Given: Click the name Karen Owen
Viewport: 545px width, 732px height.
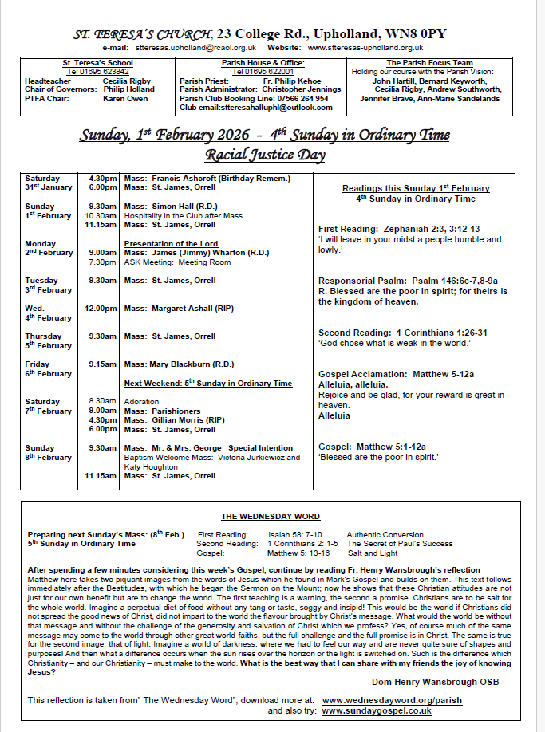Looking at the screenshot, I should point(125,99).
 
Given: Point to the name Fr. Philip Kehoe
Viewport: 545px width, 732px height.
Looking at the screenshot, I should point(293,81).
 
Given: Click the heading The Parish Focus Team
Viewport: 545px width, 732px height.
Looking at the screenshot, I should point(429,62).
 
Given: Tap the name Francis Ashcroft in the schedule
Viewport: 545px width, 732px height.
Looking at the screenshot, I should point(184,178).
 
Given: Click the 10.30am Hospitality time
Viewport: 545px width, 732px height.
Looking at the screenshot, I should point(101,215).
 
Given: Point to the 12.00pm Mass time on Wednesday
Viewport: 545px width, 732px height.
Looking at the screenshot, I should point(101,308).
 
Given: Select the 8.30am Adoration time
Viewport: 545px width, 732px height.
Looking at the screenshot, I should point(103,400).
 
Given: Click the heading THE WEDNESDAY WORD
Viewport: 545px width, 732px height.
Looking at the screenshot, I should point(271,517).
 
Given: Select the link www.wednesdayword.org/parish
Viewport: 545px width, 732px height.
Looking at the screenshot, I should point(391,699).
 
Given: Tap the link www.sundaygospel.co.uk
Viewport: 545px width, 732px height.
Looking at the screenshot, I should point(376,710).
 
